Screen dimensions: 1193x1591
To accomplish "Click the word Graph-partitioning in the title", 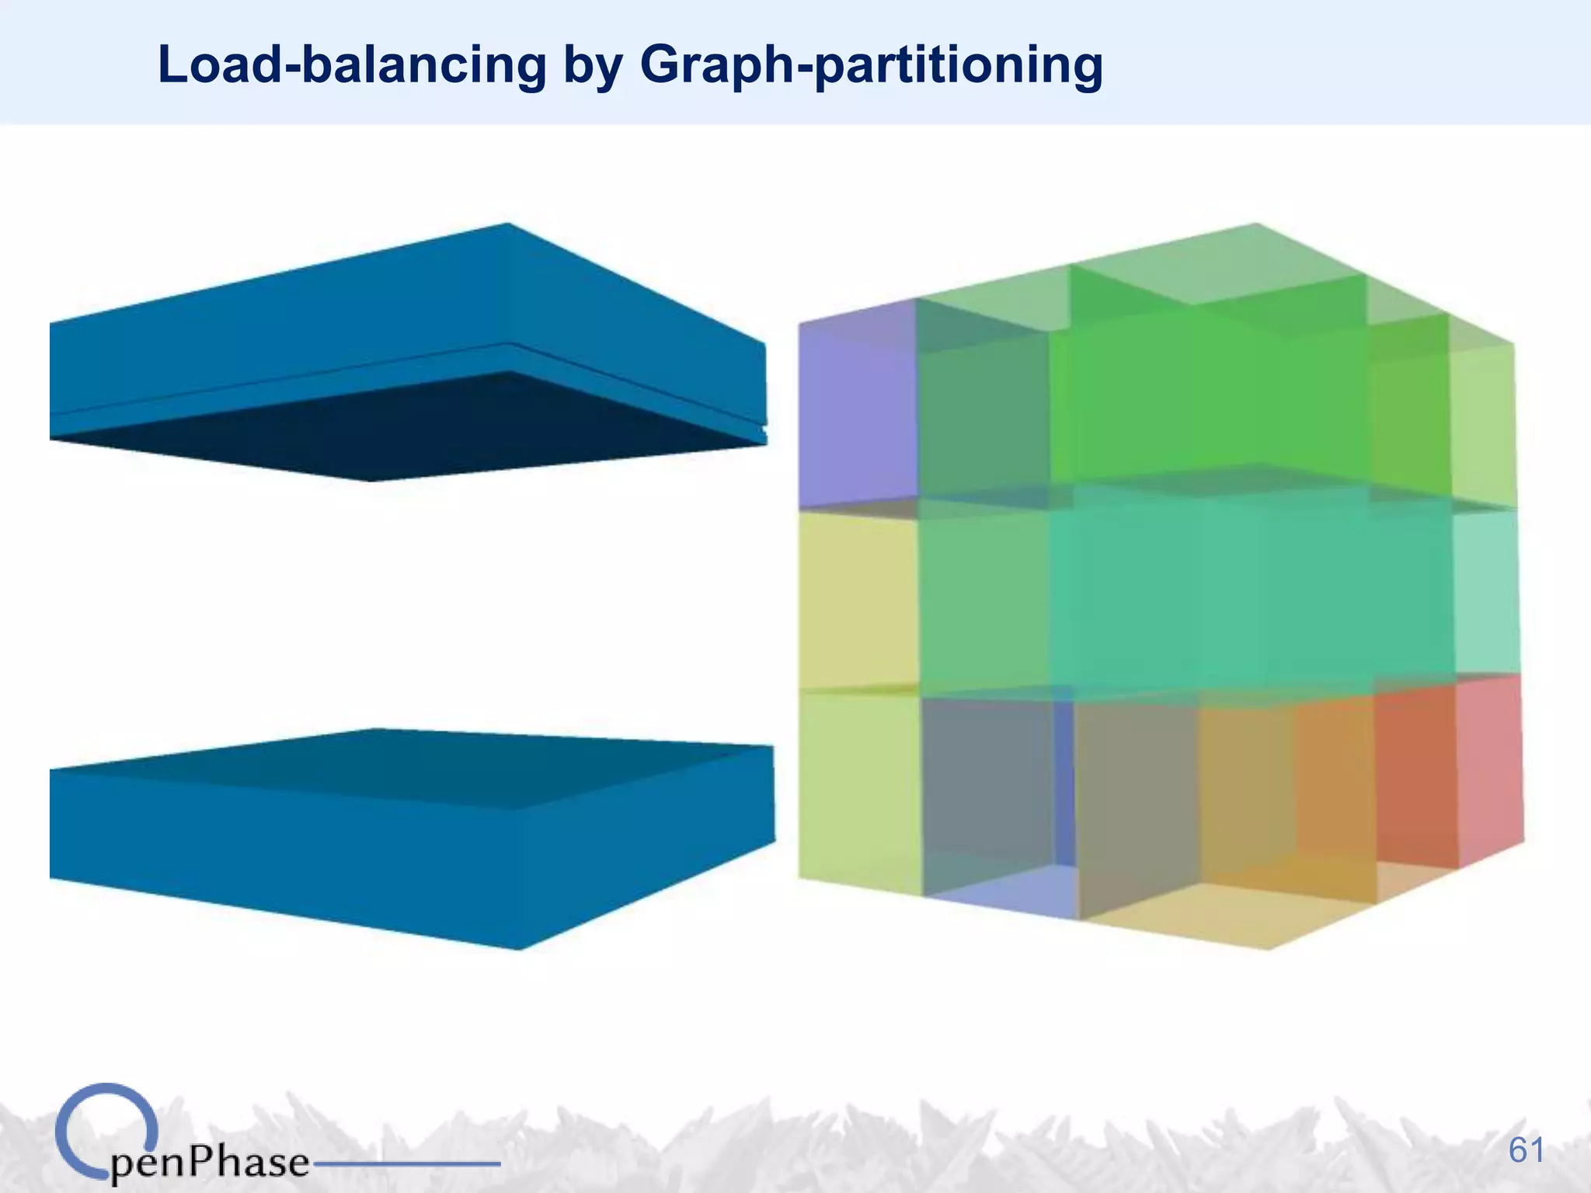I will pyautogui.click(x=870, y=65).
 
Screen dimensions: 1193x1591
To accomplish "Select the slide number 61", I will pyautogui.click(x=1527, y=1150).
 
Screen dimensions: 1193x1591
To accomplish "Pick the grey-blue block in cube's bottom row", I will pyautogui.click(x=987, y=784).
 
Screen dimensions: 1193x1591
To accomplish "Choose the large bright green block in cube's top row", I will pyautogui.click(x=1204, y=396).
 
